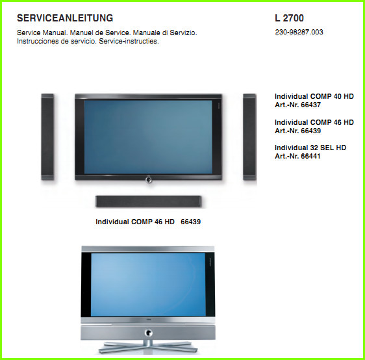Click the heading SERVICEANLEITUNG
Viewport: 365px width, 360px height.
65,18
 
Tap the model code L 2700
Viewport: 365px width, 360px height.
290,18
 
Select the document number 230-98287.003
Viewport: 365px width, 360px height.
299,32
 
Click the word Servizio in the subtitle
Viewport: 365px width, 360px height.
183,33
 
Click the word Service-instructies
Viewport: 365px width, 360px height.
129,41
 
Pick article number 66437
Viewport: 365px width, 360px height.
310,105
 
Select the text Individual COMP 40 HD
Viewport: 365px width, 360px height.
314,96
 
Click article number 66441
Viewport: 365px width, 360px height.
310,156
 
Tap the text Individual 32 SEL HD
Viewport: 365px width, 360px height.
310,148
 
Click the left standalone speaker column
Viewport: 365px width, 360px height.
47,137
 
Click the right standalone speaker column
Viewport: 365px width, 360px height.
249,137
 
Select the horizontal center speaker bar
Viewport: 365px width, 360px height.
149,201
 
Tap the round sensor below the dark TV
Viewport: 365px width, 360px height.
149,179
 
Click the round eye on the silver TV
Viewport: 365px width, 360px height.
148,333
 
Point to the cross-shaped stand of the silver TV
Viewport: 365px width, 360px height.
148,347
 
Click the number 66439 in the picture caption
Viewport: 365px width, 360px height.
191,222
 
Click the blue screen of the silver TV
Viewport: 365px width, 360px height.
148,285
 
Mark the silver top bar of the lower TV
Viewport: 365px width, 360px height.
148,249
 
